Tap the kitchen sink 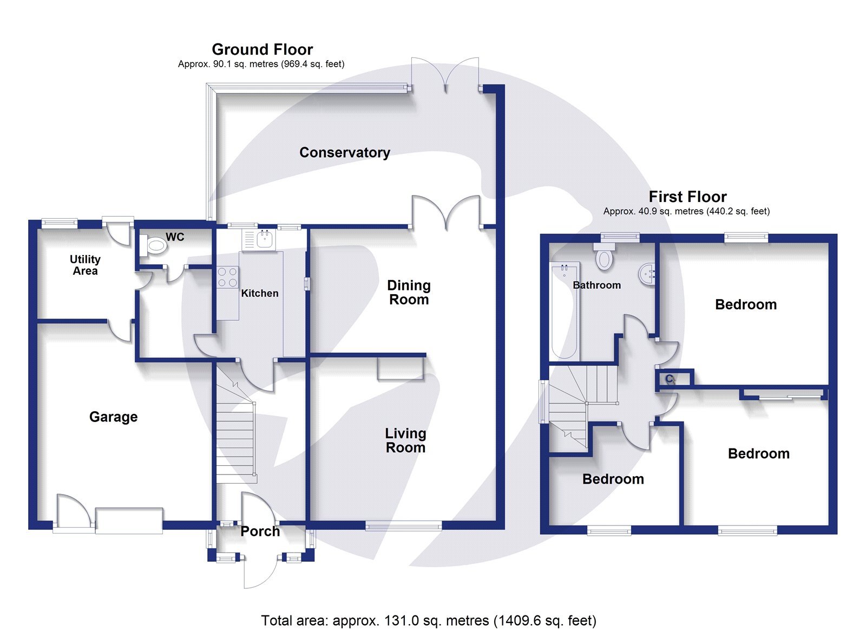tap(264, 238)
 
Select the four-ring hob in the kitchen tap(227, 277)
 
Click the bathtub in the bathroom tap(564, 311)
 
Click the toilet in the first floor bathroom tap(604, 257)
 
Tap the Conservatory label tap(345, 153)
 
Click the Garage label tap(113, 417)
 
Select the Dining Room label tap(409, 293)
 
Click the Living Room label tap(405, 440)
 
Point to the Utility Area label tap(85, 265)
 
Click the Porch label tap(260, 531)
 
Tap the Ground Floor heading tap(262, 49)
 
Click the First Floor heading tap(687, 197)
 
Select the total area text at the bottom tap(428, 620)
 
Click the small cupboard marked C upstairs tap(673, 378)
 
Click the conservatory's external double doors tap(445, 76)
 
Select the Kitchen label tap(260, 293)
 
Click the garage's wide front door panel tap(129, 520)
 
